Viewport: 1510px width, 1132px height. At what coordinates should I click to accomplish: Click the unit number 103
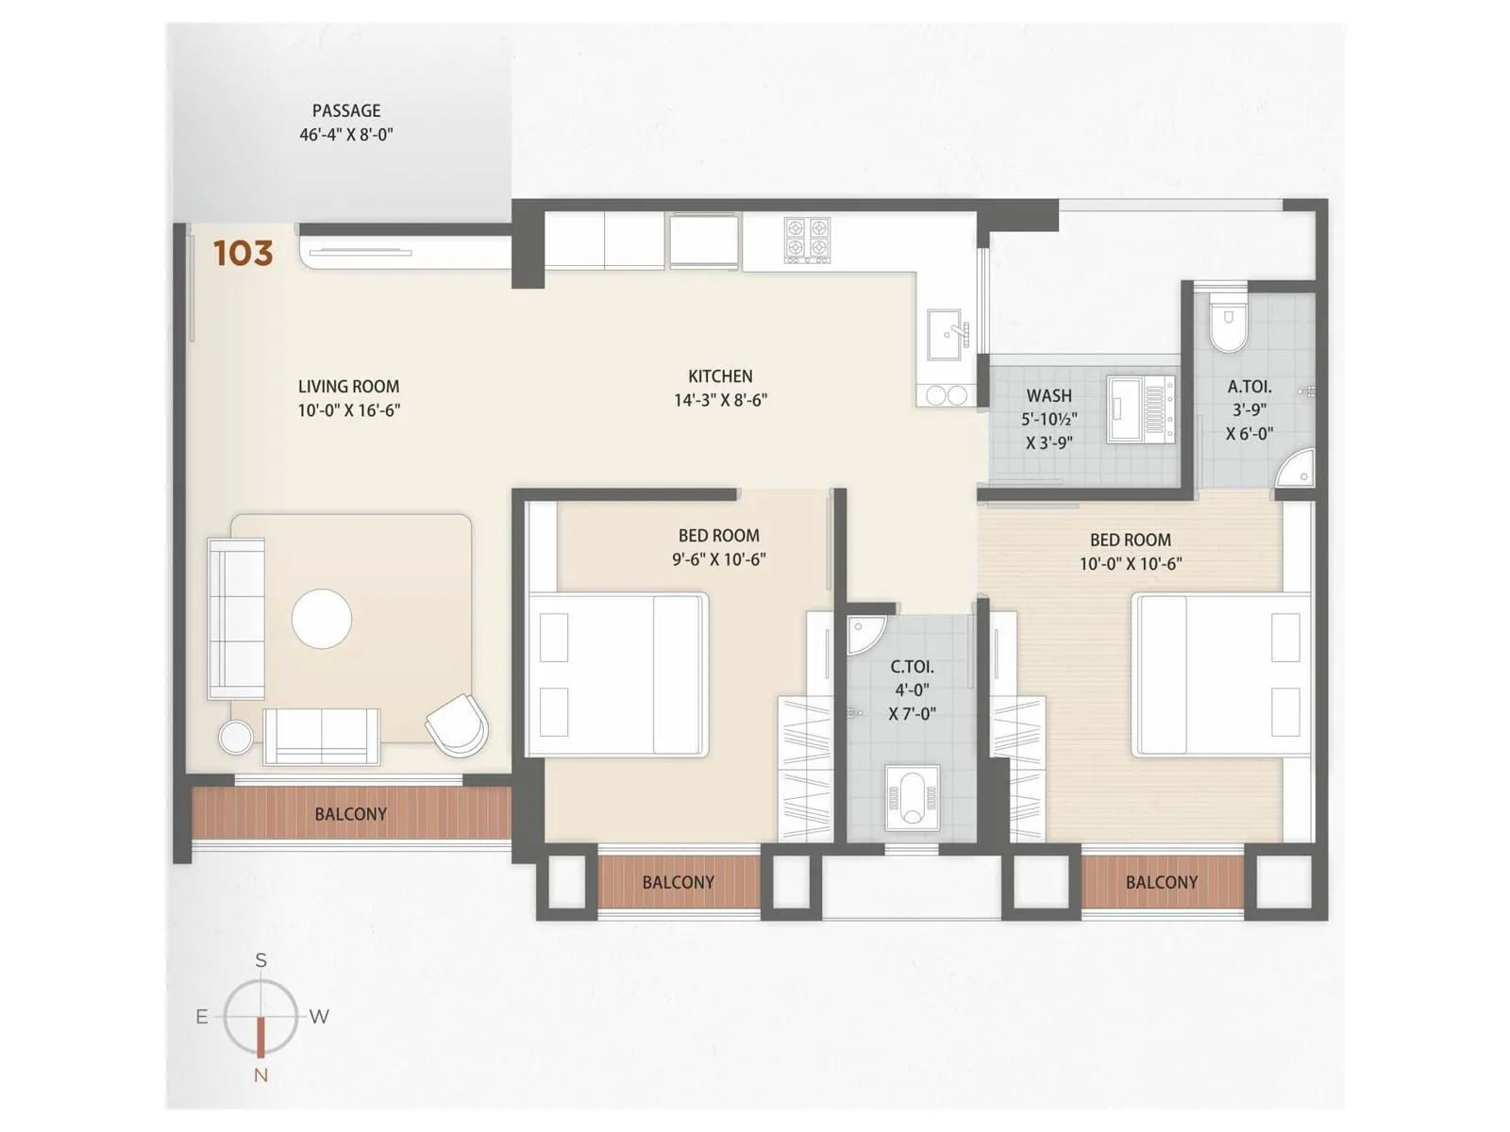coord(243,253)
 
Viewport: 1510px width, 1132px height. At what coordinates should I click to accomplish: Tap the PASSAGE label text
coord(346,111)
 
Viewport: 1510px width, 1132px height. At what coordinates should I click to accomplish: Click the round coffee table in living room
coord(322,619)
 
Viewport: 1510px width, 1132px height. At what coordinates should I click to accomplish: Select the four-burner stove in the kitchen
coord(808,240)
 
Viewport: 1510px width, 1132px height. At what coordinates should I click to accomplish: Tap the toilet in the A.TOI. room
coord(1228,323)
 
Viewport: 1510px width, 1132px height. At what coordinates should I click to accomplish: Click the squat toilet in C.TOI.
coord(912,798)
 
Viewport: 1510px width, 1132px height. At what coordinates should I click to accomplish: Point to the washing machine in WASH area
coord(1141,408)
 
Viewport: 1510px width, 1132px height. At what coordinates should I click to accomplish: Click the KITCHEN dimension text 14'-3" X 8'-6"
coord(720,400)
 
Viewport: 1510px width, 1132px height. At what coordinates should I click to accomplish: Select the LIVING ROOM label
coord(348,386)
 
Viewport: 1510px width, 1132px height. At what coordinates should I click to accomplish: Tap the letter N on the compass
coord(261,1074)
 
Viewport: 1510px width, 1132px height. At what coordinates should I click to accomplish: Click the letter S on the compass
coord(261,960)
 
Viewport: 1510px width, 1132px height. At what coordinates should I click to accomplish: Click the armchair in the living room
coord(458,724)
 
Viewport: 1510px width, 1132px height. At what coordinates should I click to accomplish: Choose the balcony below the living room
coord(351,814)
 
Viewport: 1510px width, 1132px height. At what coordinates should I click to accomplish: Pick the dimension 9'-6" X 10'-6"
coord(718,559)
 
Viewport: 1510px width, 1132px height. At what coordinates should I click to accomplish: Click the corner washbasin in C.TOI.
coord(862,634)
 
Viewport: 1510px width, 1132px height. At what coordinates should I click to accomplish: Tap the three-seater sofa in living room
coord(236,619)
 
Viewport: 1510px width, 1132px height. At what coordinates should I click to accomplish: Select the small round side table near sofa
coord(235,737)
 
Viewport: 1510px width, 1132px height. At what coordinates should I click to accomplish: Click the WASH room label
coord(1049,396)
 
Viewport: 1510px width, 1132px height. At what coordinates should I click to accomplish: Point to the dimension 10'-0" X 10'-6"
coord(1131,564)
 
